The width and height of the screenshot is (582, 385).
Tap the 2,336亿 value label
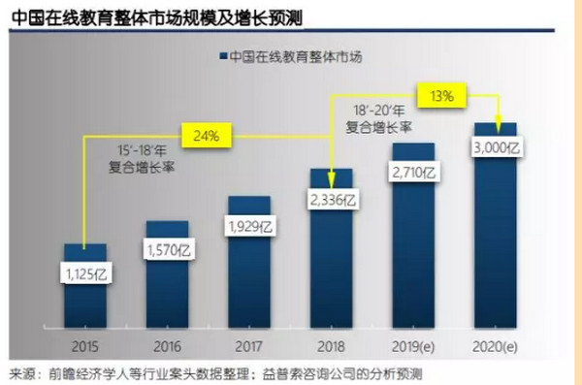coord(332,200)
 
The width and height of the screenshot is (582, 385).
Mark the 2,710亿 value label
coord(414,173)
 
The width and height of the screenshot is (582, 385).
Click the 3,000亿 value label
coord(497,147)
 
